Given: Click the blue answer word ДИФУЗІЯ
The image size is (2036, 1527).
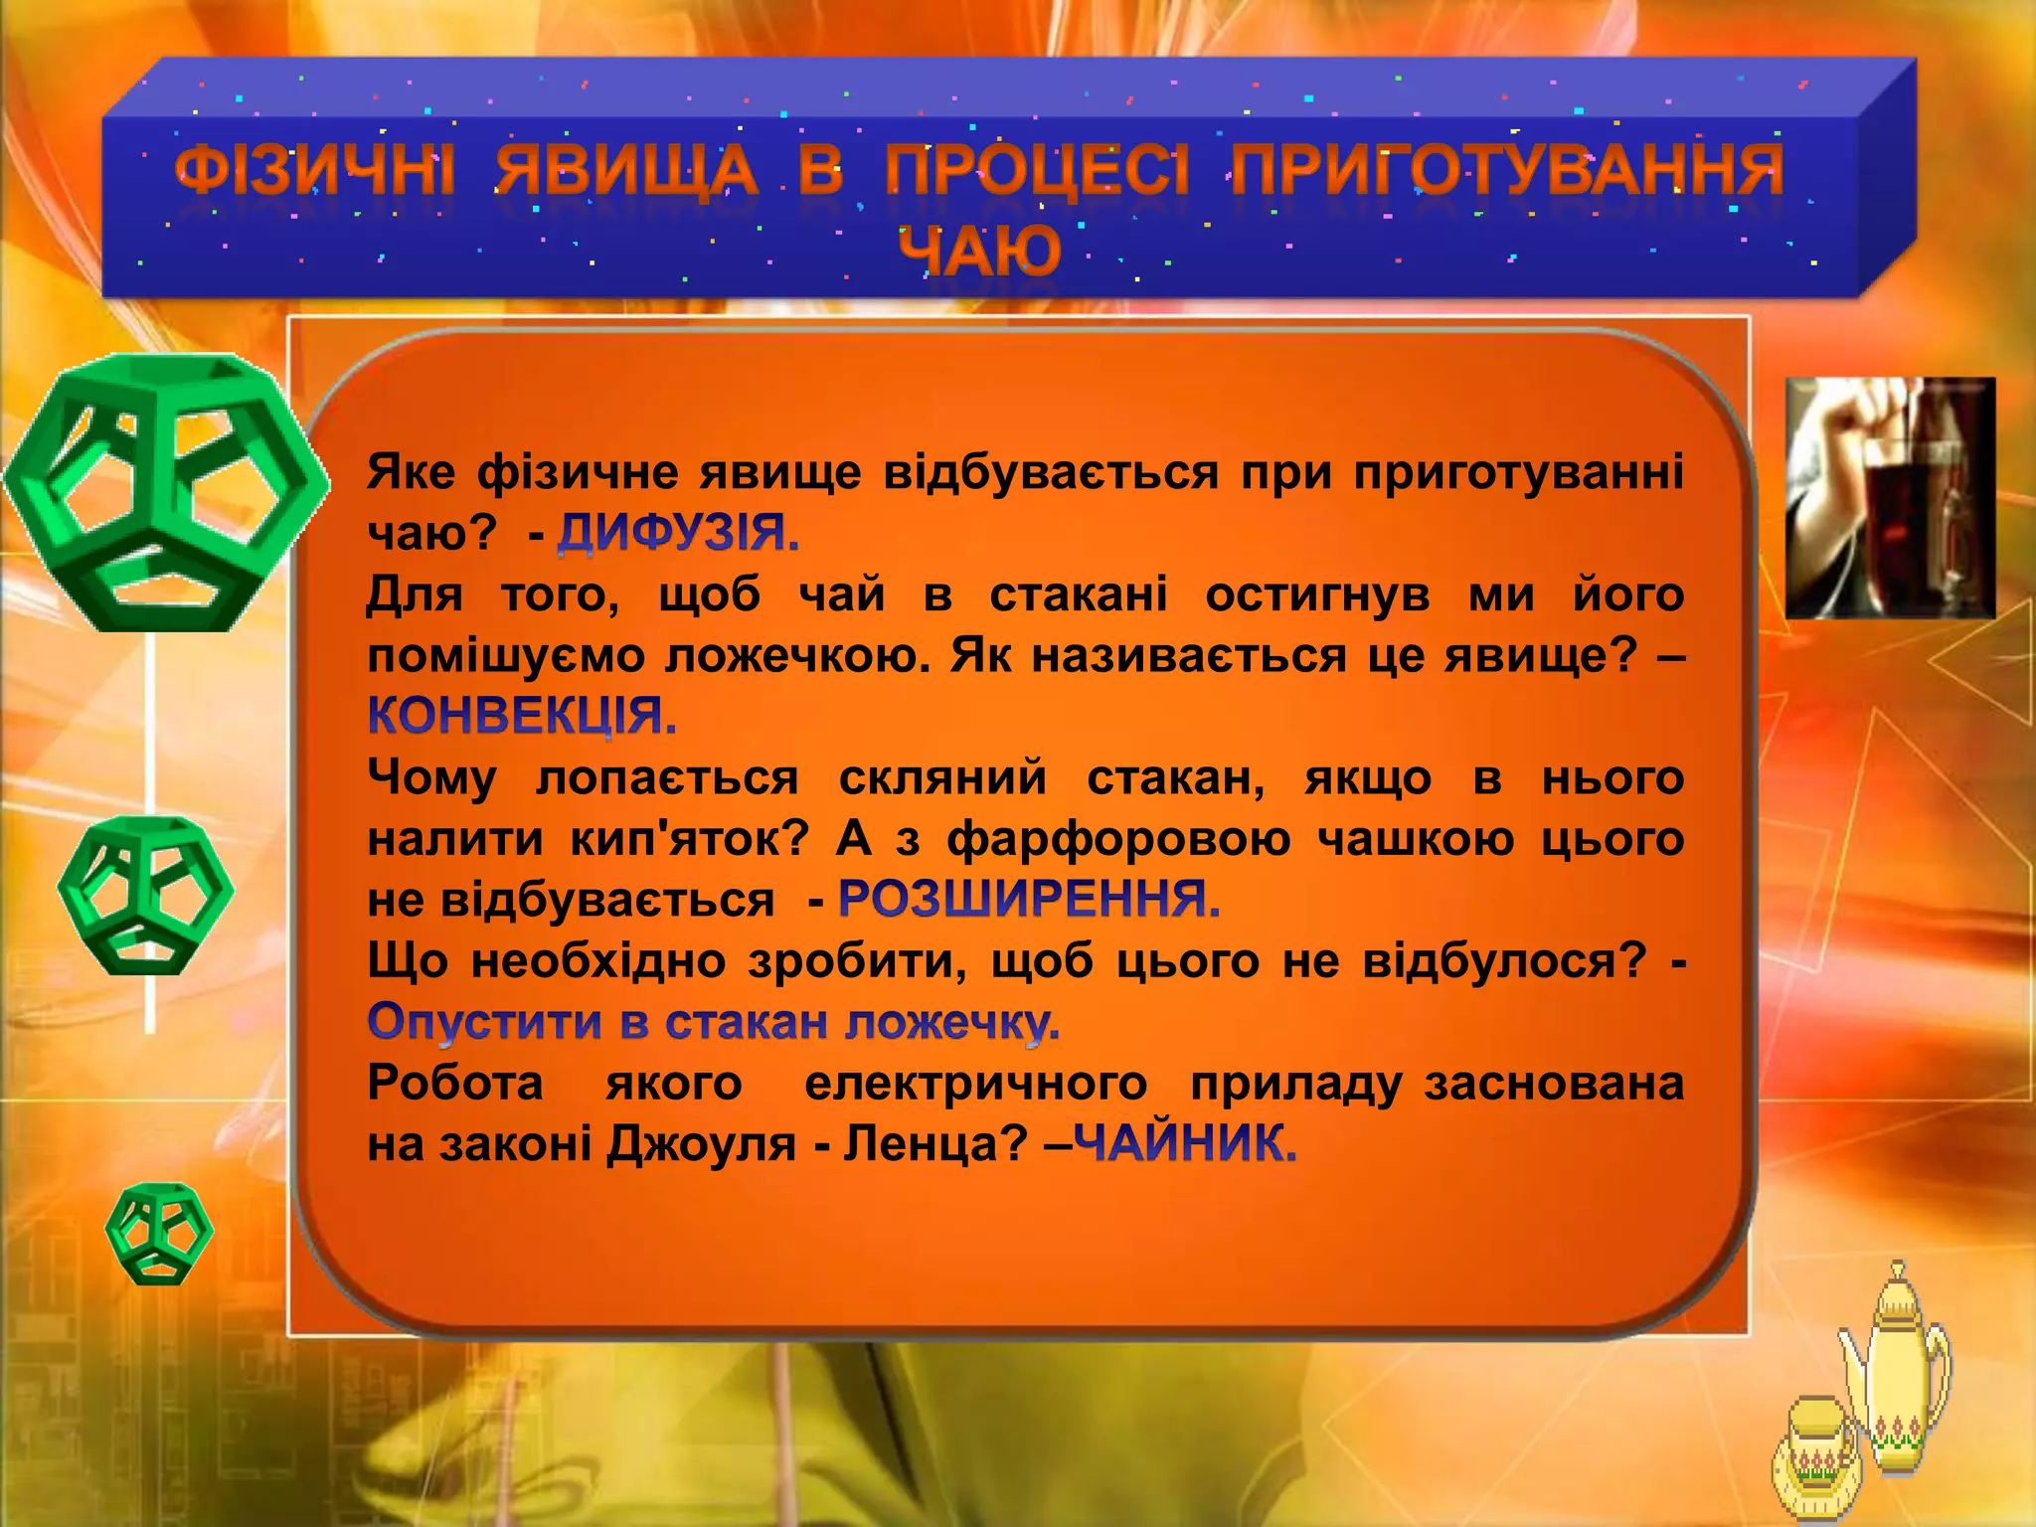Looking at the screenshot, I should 677,534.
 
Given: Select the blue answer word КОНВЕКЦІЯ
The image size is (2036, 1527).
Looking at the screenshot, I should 522,716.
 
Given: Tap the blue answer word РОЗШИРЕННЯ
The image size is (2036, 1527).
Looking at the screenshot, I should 1029,900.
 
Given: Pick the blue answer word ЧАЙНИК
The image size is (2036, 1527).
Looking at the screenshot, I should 1185,1144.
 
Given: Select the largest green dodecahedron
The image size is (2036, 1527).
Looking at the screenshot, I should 164,492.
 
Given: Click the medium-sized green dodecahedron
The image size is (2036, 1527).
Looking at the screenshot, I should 146,895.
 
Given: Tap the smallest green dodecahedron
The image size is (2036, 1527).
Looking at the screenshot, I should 159,1233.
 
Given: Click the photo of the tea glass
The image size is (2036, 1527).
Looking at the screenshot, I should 1890,497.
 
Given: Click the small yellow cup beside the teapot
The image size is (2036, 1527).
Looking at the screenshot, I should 1815,1461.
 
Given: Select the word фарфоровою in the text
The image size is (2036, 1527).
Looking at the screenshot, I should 1118,839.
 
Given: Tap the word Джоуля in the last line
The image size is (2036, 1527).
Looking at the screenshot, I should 701,1144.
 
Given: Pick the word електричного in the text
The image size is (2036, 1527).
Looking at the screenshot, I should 975,1084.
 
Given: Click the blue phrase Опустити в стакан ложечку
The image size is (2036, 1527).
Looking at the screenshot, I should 713,1022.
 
